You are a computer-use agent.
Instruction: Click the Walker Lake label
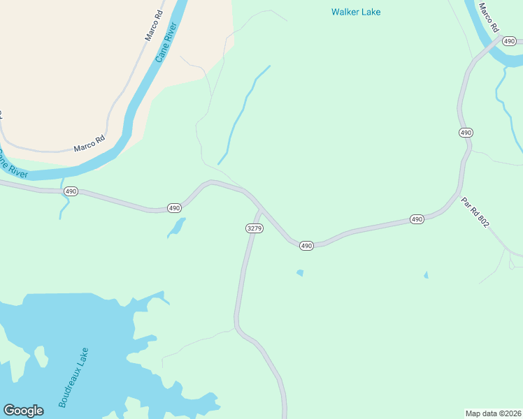[x=356, y=12]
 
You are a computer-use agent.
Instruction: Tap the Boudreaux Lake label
[x=73, y=377]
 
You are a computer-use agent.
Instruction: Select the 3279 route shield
[x=255, y=228]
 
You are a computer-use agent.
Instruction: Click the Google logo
[x=23, y=410]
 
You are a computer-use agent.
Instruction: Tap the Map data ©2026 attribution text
[x=494, y=413]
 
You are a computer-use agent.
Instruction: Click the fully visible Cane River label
[x=167, y=43]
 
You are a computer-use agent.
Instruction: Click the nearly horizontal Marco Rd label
[x=89, y=143]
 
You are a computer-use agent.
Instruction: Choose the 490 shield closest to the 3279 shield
[x=306, y=246]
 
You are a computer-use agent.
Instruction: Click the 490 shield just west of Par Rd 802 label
[x=417, y=219]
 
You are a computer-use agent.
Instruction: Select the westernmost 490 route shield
[x=71, y=191]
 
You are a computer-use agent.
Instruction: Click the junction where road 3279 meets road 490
[x=260, y=209]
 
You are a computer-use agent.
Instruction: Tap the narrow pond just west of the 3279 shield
[x=177, y=228]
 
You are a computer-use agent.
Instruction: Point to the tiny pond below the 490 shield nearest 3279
[x=300, y=272]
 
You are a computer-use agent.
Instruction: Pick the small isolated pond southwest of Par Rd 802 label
[x=426, y=275]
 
